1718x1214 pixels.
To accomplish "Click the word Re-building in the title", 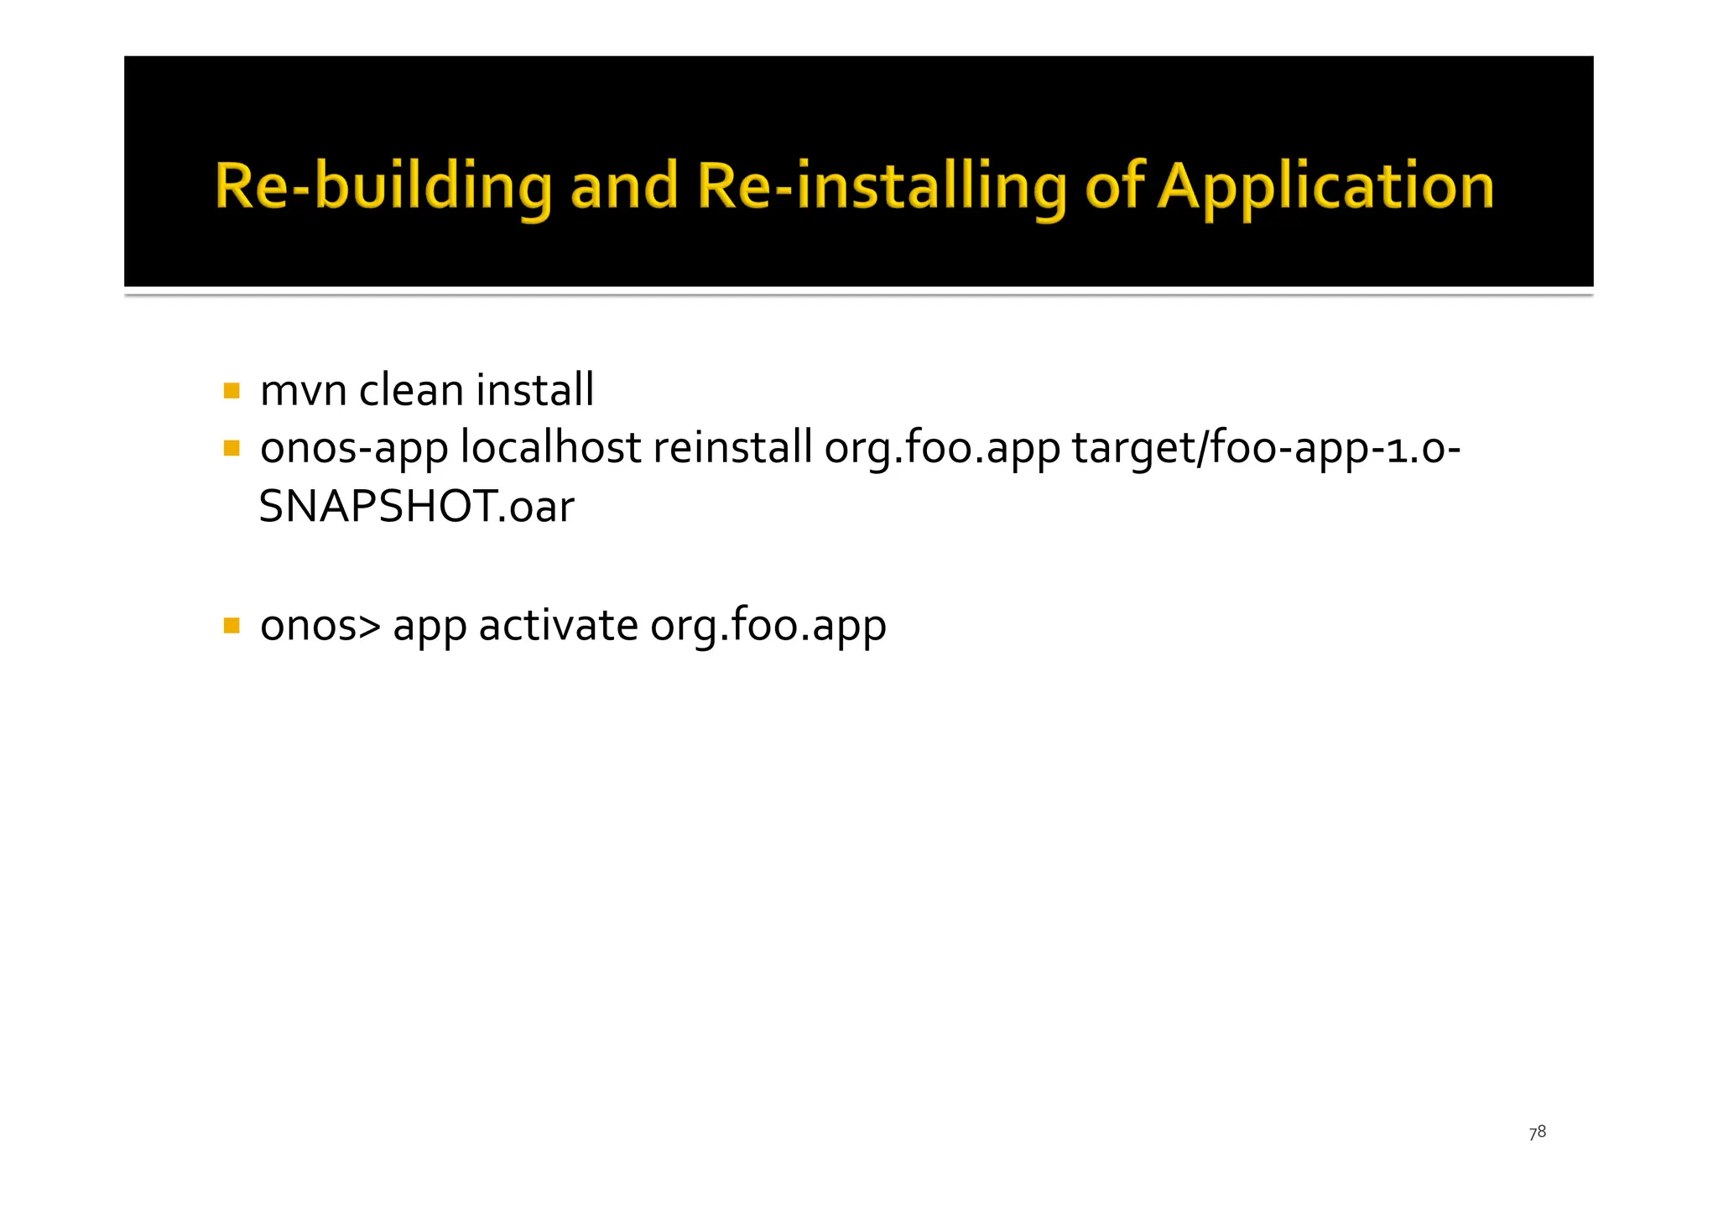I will (x=383, y=186).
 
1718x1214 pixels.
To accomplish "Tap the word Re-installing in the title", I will (x=882, y=186).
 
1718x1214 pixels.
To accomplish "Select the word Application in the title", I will (x=1325, y=186).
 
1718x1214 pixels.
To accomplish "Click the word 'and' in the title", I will (x=623, y=186).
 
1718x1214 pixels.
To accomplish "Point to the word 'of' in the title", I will (x=1114, y=186).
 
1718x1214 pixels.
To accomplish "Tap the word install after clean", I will (x=534, y=391).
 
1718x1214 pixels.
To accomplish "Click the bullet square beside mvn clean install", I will (x=232, y=391).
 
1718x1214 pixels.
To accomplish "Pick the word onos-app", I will (x=354, y=449).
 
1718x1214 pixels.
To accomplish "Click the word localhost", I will (x=551, y=449).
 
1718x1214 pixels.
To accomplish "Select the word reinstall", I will (x=732, y=449).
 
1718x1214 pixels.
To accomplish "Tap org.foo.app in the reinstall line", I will (x=942, y=449).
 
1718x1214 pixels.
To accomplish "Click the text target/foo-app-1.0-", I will (x=1266, y=449).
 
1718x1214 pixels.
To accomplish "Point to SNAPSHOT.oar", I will (x=417, y=507).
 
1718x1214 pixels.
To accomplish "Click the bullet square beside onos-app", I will (x=232, y=449).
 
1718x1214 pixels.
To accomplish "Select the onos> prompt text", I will (x=320, y=626).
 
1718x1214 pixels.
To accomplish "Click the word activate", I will (x=558, y=626).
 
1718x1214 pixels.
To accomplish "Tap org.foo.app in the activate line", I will (x=768, y=626).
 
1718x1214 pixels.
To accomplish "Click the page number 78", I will (x=1537, y=1133).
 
